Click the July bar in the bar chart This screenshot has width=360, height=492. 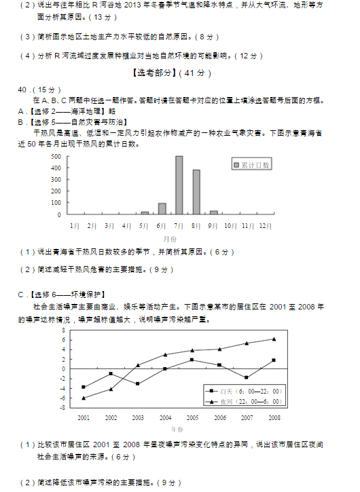[x=179, y=185]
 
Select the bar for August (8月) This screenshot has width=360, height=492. [x=196, y=192]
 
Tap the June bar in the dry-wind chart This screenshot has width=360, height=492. [x=162, y=208]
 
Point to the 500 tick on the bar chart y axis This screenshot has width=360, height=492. [x=56, y=156]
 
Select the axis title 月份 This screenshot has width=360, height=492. [x=170, y=239]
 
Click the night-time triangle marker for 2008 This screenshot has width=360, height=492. [x=274, y=339]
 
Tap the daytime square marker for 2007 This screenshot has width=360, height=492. [x=247, y=377]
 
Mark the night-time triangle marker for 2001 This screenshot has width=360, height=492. [x=84, y=398]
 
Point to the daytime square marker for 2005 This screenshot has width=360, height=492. [x=192, y=360]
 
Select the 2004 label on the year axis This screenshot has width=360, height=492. [x=165, y=417]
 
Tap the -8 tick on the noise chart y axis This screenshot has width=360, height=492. [x=62, y=407]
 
